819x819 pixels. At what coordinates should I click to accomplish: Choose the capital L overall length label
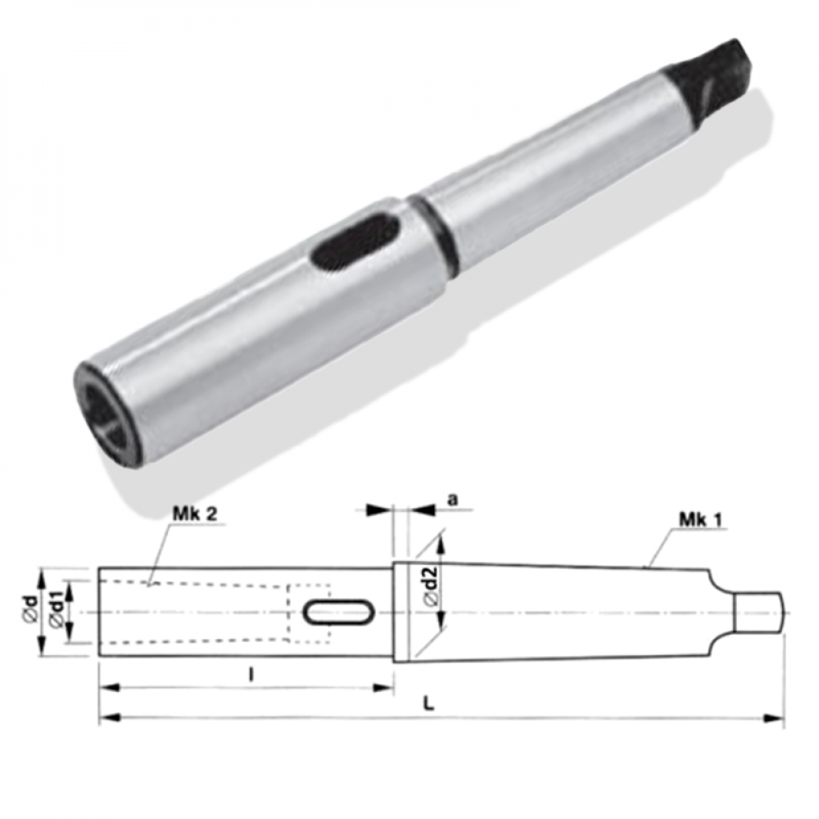(429, 704)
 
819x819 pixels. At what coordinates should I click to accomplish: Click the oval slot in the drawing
(339, 611)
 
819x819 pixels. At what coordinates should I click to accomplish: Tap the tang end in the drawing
(760, 612)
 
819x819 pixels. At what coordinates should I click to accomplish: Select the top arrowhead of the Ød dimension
(39, 574)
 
